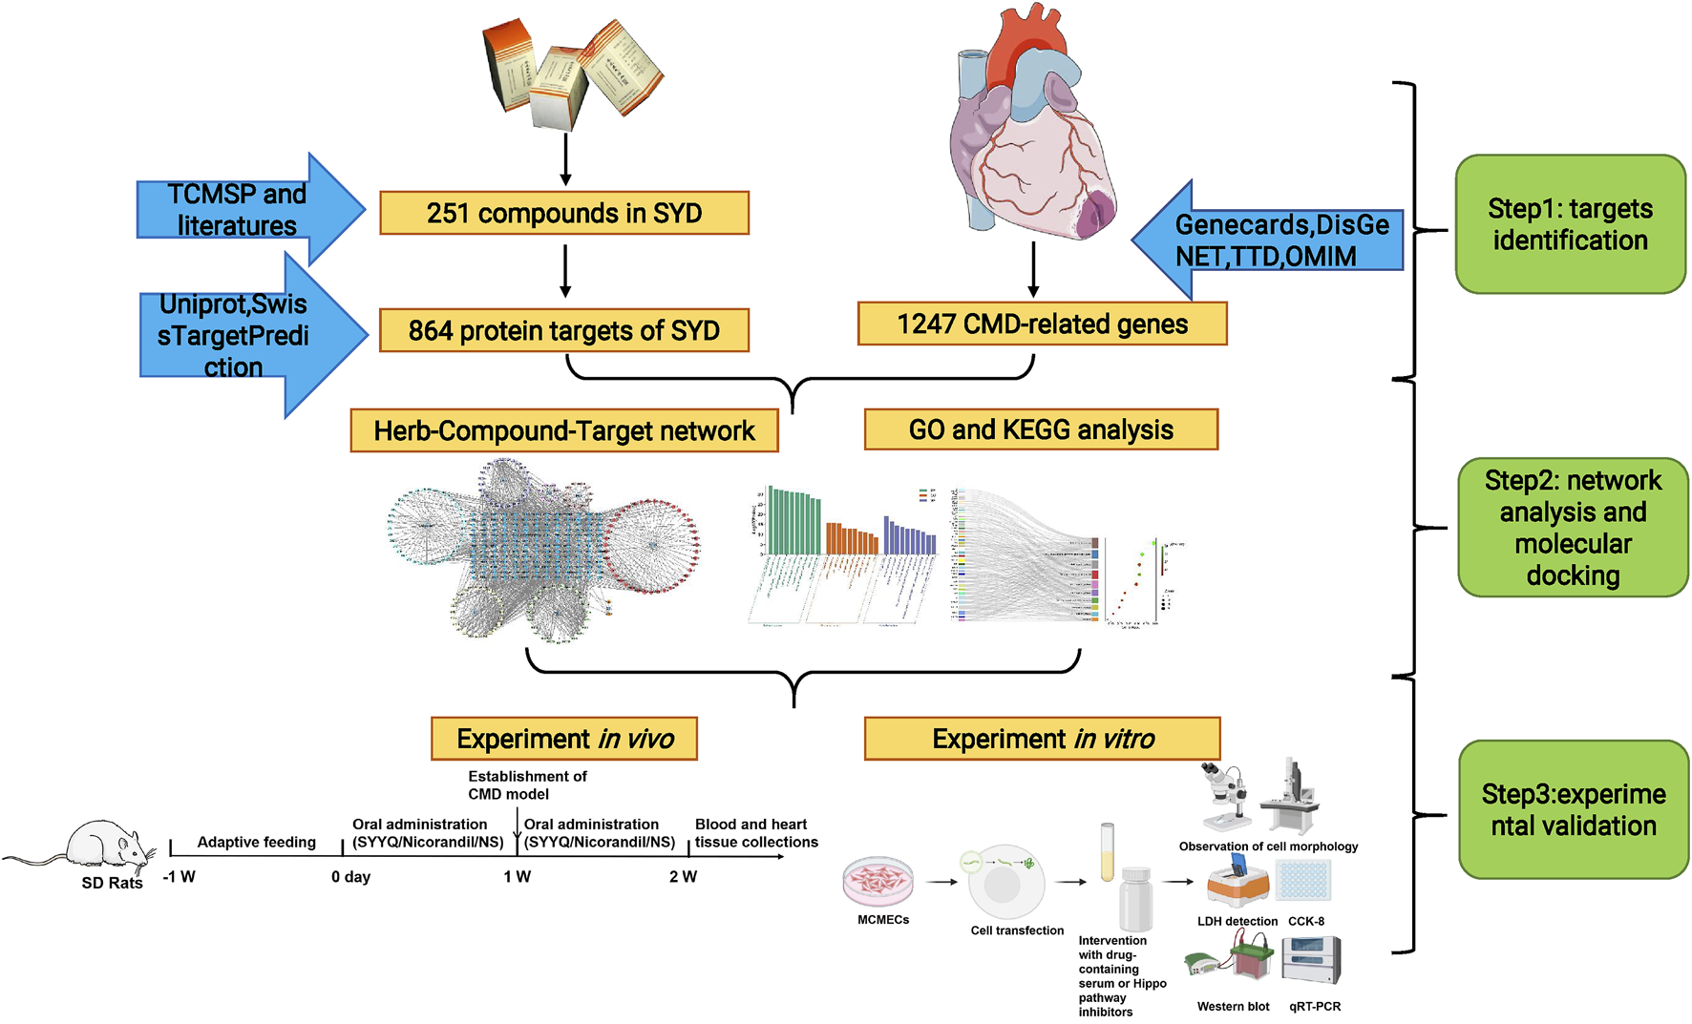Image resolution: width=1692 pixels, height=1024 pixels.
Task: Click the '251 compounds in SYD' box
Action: pos(563,213)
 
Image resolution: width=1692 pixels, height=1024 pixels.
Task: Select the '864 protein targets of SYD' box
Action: pos(563,330)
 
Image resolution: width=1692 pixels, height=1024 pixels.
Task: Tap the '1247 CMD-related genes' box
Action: pos(1042,324)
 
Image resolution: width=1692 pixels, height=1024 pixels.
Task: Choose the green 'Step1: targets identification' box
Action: pos(1570,224)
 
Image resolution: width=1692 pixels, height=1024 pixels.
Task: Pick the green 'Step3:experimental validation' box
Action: pos(1573,809)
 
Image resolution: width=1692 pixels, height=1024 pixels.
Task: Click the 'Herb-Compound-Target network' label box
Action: pos(563,430)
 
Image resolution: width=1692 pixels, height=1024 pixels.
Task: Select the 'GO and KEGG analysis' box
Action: pos(1041,429)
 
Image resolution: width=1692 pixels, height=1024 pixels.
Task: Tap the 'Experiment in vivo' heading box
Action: pos(564,739)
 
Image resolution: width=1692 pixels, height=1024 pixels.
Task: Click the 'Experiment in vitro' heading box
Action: pos(1042,739)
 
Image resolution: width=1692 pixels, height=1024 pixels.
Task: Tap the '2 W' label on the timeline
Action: pos(683,876)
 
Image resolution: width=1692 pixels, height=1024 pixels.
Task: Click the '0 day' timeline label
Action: pos(350,876)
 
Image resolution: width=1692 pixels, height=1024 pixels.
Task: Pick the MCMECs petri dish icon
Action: pos(878,880)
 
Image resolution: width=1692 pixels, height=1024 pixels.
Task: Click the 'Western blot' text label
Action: pos(1233,1006)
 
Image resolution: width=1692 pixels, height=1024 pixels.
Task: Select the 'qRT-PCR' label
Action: pos(1315,1006)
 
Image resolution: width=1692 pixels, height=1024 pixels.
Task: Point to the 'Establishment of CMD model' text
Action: pos(526,784)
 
